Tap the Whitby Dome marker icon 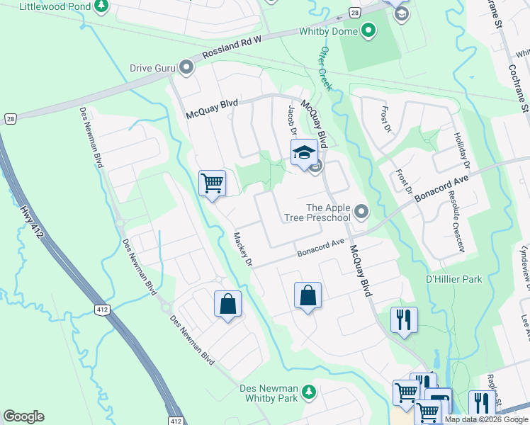pyautogui.click(x=368, y=30)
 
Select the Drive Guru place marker pyautogui.click(x=186, y=68)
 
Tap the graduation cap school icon pyautogui.click(x=303, y=152)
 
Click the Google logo pyautogui.click(x=23, y=416)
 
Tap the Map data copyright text pyautogui.click(x=486, y=419)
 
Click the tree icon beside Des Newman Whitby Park pyautogui.click(x=308, y=392)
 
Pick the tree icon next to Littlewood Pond pyautogui.click(x=102, y=6)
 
